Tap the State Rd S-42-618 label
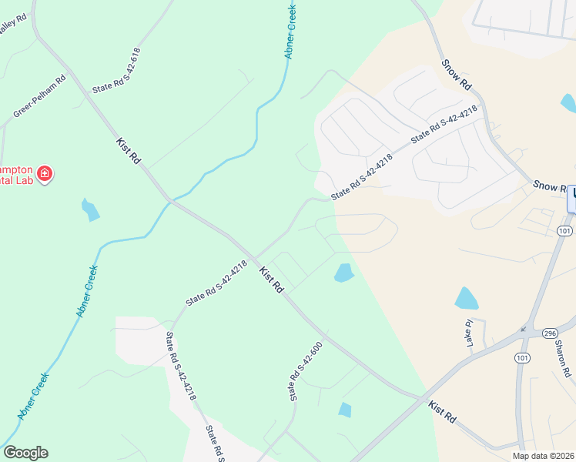click(x=116, y=70)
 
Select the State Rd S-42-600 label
click(x=305, y=371)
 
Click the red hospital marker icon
click(x=45, y=173)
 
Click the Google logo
click(x=25, y=453)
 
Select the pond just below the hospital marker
click(x=90, y=209)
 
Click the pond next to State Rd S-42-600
click(x=345, y=410)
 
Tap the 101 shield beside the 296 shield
click(x=523, y=358)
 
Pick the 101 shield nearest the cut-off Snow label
click(x=564, y=230)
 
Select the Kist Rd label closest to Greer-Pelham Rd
click(x=129, y=150)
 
